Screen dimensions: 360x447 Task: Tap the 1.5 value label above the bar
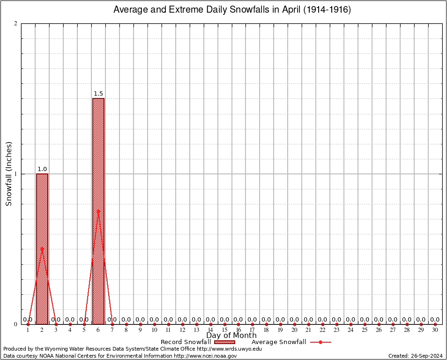[98, 94]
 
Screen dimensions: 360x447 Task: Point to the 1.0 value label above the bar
[42, 169]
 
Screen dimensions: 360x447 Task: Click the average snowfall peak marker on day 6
[98, 211]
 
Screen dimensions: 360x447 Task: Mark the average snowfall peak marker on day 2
[42, 248]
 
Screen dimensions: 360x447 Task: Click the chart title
[232, 10]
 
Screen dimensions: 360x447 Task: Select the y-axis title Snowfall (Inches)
[8, 174]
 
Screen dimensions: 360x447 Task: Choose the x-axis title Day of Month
[231, 336]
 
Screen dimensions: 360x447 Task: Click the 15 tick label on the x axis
[224, 330]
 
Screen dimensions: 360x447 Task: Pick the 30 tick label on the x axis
[435, 330]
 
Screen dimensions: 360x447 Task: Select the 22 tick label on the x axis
[323, 330]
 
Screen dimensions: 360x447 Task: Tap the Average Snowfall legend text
[279, 342]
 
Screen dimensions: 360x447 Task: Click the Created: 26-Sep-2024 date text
[416, 356]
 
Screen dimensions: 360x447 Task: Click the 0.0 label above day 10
[154, 320]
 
